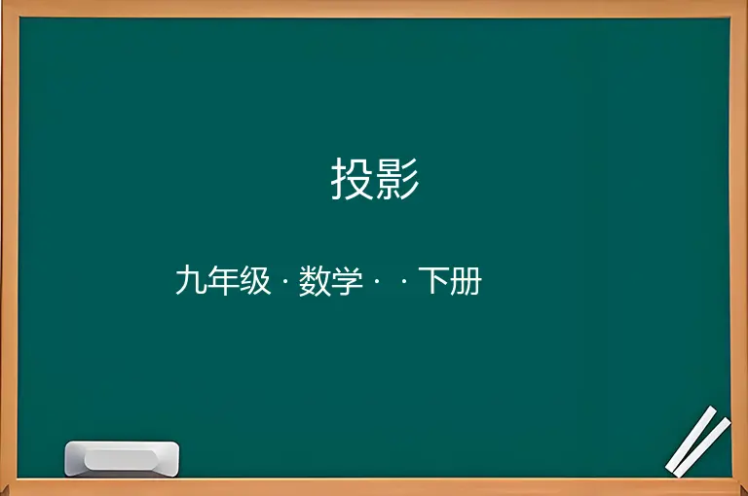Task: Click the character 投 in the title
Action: click(x=353, y=179)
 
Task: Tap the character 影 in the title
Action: click(x=397, y=179)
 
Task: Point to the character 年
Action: click(x=223, y=281)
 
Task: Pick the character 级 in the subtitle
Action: click(x=255, y=281)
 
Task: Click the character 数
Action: click(x=315, y=281)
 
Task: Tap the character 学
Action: click(x=347, y=281)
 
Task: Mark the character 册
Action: click(x=467, y=281)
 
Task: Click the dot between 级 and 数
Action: click(x=285, y=281)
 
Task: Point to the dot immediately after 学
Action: click(x=377, y=281)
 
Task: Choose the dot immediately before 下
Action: click(x=404, y=281)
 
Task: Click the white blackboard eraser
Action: click(x=122, y=459)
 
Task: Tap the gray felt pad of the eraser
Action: click(x=121, y=459)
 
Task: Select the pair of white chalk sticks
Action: click(x=698, y=442)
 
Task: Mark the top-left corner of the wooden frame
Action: click(x=1, y=1)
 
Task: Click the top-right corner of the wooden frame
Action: click(x=747, y=1)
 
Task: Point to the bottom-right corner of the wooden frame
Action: click(x=747, y=495)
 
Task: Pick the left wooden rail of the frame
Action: click(x=10, y=248)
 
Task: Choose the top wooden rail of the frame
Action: click(x=374, y=9)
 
